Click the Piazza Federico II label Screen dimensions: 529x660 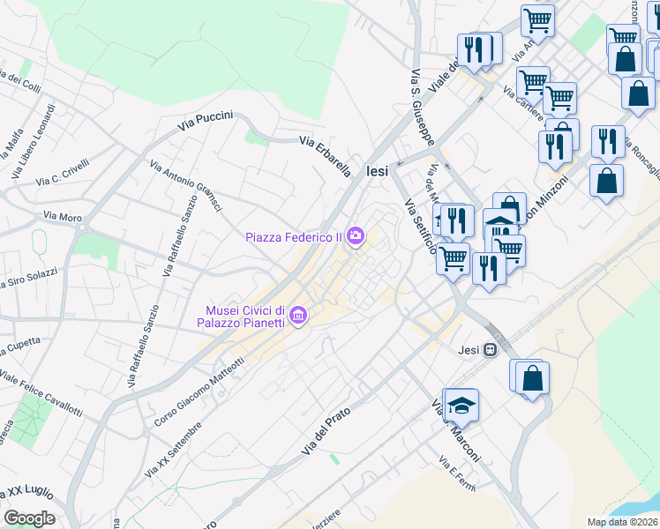(x=295, y=236)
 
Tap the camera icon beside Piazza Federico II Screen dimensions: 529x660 (x=355, y=235)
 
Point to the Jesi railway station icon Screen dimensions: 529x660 (x=491, y=350)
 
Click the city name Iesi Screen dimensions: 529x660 (x=377, y=172)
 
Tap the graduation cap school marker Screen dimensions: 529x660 (x=460, y=406)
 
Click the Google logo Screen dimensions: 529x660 (x=29, y=518)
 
